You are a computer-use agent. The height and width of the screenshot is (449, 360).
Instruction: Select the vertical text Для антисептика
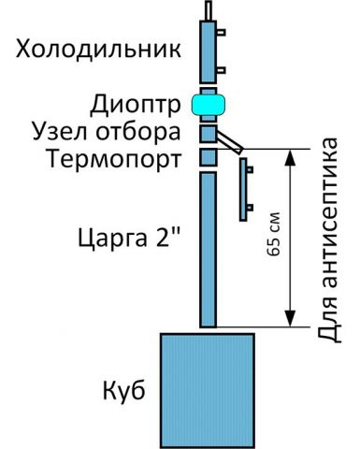(x=326, y=240)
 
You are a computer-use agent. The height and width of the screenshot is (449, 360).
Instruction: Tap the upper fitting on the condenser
(x=221, y=32)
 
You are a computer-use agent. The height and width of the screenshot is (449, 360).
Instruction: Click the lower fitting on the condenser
(x=221, y=69)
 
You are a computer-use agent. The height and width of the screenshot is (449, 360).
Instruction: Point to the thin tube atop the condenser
(x=207, y=8)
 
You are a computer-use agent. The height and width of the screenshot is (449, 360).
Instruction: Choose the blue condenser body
(x=207, y=51)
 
